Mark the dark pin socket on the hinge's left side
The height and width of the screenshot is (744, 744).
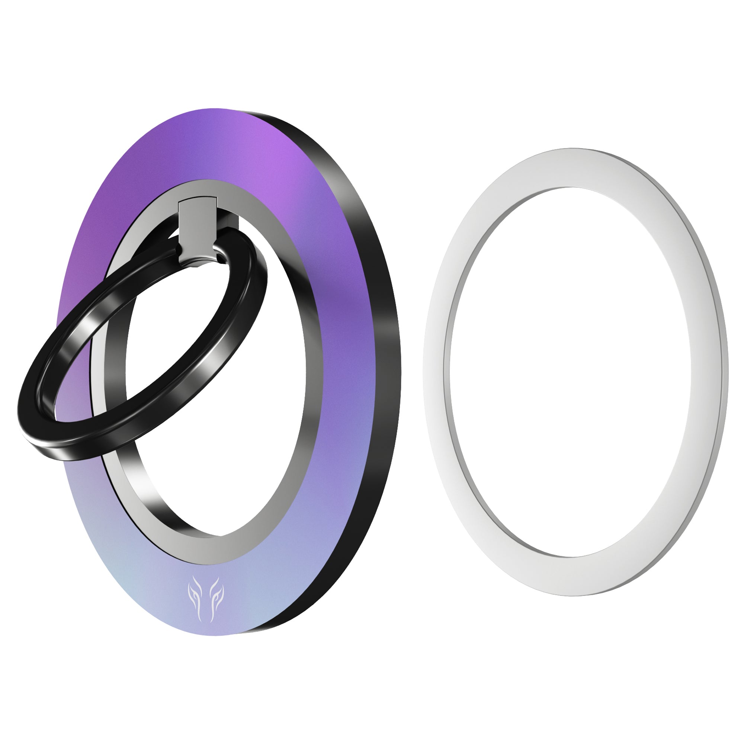[178, 250]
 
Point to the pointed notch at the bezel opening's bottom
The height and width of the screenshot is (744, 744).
[222, 535]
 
